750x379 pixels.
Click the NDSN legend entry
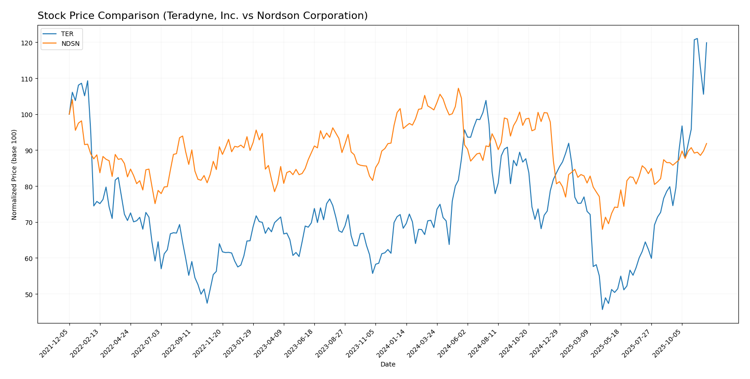point(70,44)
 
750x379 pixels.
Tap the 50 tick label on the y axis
point(29,294)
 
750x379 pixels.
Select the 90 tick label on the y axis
point(29,150)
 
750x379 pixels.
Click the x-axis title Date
point(387,365)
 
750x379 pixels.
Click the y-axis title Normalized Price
point(14,174)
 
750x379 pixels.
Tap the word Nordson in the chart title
point(289,16)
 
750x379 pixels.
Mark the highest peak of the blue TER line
point(697,38)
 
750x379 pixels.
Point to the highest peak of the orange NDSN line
point(458,88)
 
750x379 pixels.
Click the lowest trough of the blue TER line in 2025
point(602,310)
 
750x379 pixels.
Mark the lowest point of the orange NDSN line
point(602,229)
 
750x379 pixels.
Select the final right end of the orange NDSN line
point(706,143)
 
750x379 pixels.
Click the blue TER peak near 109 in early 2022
point(87,81)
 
